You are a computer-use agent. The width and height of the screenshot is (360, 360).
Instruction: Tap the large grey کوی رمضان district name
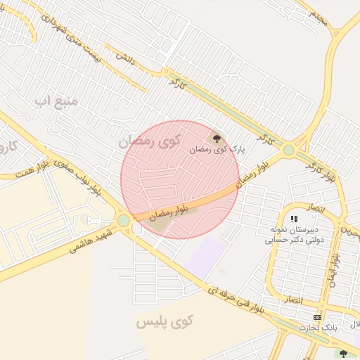coord(149,141)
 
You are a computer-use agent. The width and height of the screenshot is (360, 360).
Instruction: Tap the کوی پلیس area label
coord(164,323)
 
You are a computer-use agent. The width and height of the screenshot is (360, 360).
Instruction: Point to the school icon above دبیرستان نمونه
coord(294,219)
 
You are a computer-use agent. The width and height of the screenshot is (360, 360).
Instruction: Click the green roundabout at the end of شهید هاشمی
coord(124,221)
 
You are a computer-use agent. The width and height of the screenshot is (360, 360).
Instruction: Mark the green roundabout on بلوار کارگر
coord(288,150)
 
